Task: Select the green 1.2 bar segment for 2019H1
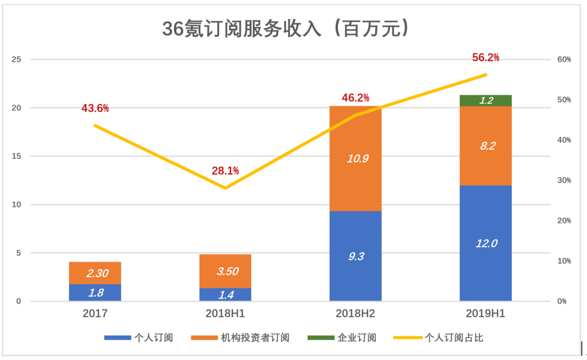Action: coord(485,100)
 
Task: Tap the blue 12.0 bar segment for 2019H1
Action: coord(485,243)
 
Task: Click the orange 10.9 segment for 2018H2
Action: coord(355,159)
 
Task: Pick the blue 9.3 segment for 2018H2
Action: coord(355,256)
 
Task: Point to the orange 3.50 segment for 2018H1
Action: coord(225,271)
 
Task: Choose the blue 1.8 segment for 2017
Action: coord(95,292)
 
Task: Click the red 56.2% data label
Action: coord(485,58)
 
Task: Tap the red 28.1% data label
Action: coord(225,171)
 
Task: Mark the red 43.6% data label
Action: coord(95,108)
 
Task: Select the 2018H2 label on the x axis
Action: coord(355,313)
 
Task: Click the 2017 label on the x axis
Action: coord(95,313)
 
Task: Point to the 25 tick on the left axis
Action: coord(16,59)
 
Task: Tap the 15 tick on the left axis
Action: coord(16,156)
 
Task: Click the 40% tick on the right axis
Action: coord(564,140)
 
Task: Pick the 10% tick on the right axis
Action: coord(564,261)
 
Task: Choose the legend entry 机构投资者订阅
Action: coord(240,338)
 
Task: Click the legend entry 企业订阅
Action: coord(342,338)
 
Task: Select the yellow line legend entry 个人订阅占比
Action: coord(438,338)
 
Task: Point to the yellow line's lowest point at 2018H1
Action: coord(225,188)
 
